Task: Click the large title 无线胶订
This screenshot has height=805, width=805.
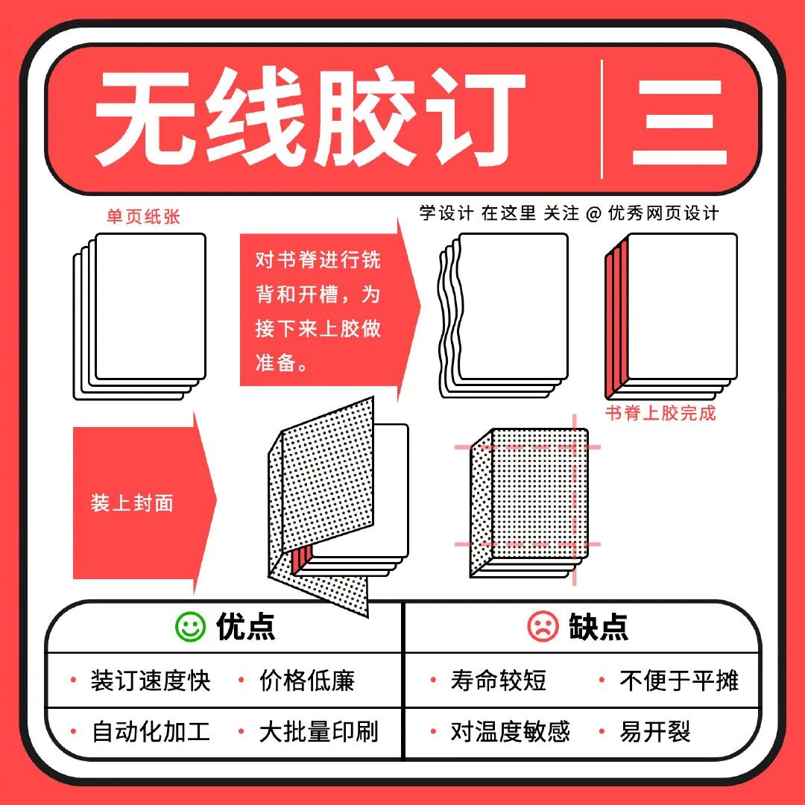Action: pyautogui.click(x=309, y=118)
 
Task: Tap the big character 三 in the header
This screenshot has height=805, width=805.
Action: pyautogui.click(x=679, y=123)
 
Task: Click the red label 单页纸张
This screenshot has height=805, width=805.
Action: pyautogui.click(x=143, y=217)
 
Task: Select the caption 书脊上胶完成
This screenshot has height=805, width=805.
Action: pyautogui.click(x=660, y=413)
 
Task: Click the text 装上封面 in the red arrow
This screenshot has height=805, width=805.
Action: pyautogui.click(x=132, y=503)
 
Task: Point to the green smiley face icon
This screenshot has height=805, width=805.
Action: pyautogui.click(x=191, y=626)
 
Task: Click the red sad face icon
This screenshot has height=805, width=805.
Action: pyautogui.click(x=543, y=626)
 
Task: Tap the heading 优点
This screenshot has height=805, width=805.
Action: pyautogui.click(x=246, y=626)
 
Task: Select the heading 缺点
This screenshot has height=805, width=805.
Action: pyautogui.click(x=599, y=626)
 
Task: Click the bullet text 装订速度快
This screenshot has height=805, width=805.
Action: pyautogui.click(x=151, y=681)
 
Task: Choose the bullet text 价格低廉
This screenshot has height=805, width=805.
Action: pyautogui.click(x=307, y=681)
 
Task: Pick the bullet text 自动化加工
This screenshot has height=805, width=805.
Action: pyautogui.click(x=151, y=732)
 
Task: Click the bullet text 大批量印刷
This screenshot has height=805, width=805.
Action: pyautogui.click(x=319, y=732)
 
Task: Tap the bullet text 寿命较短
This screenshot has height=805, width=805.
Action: pyautogui.click(x=499, y=681)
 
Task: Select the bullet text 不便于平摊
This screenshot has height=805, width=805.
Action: pyautogui.click(x=679, y=681)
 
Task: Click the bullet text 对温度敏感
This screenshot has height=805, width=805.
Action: pyautogui.click(x=511, y=732)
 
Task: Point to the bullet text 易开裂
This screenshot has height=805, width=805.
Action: pyautogui.click(x=655, y=732)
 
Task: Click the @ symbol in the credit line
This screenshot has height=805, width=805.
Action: pyautogui.click(x=593, y=214)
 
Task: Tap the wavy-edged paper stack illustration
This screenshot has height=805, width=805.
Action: pyautogui.click(x=503, y=315)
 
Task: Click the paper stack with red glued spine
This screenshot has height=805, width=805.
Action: pyautogui.click(x=671, y=316)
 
